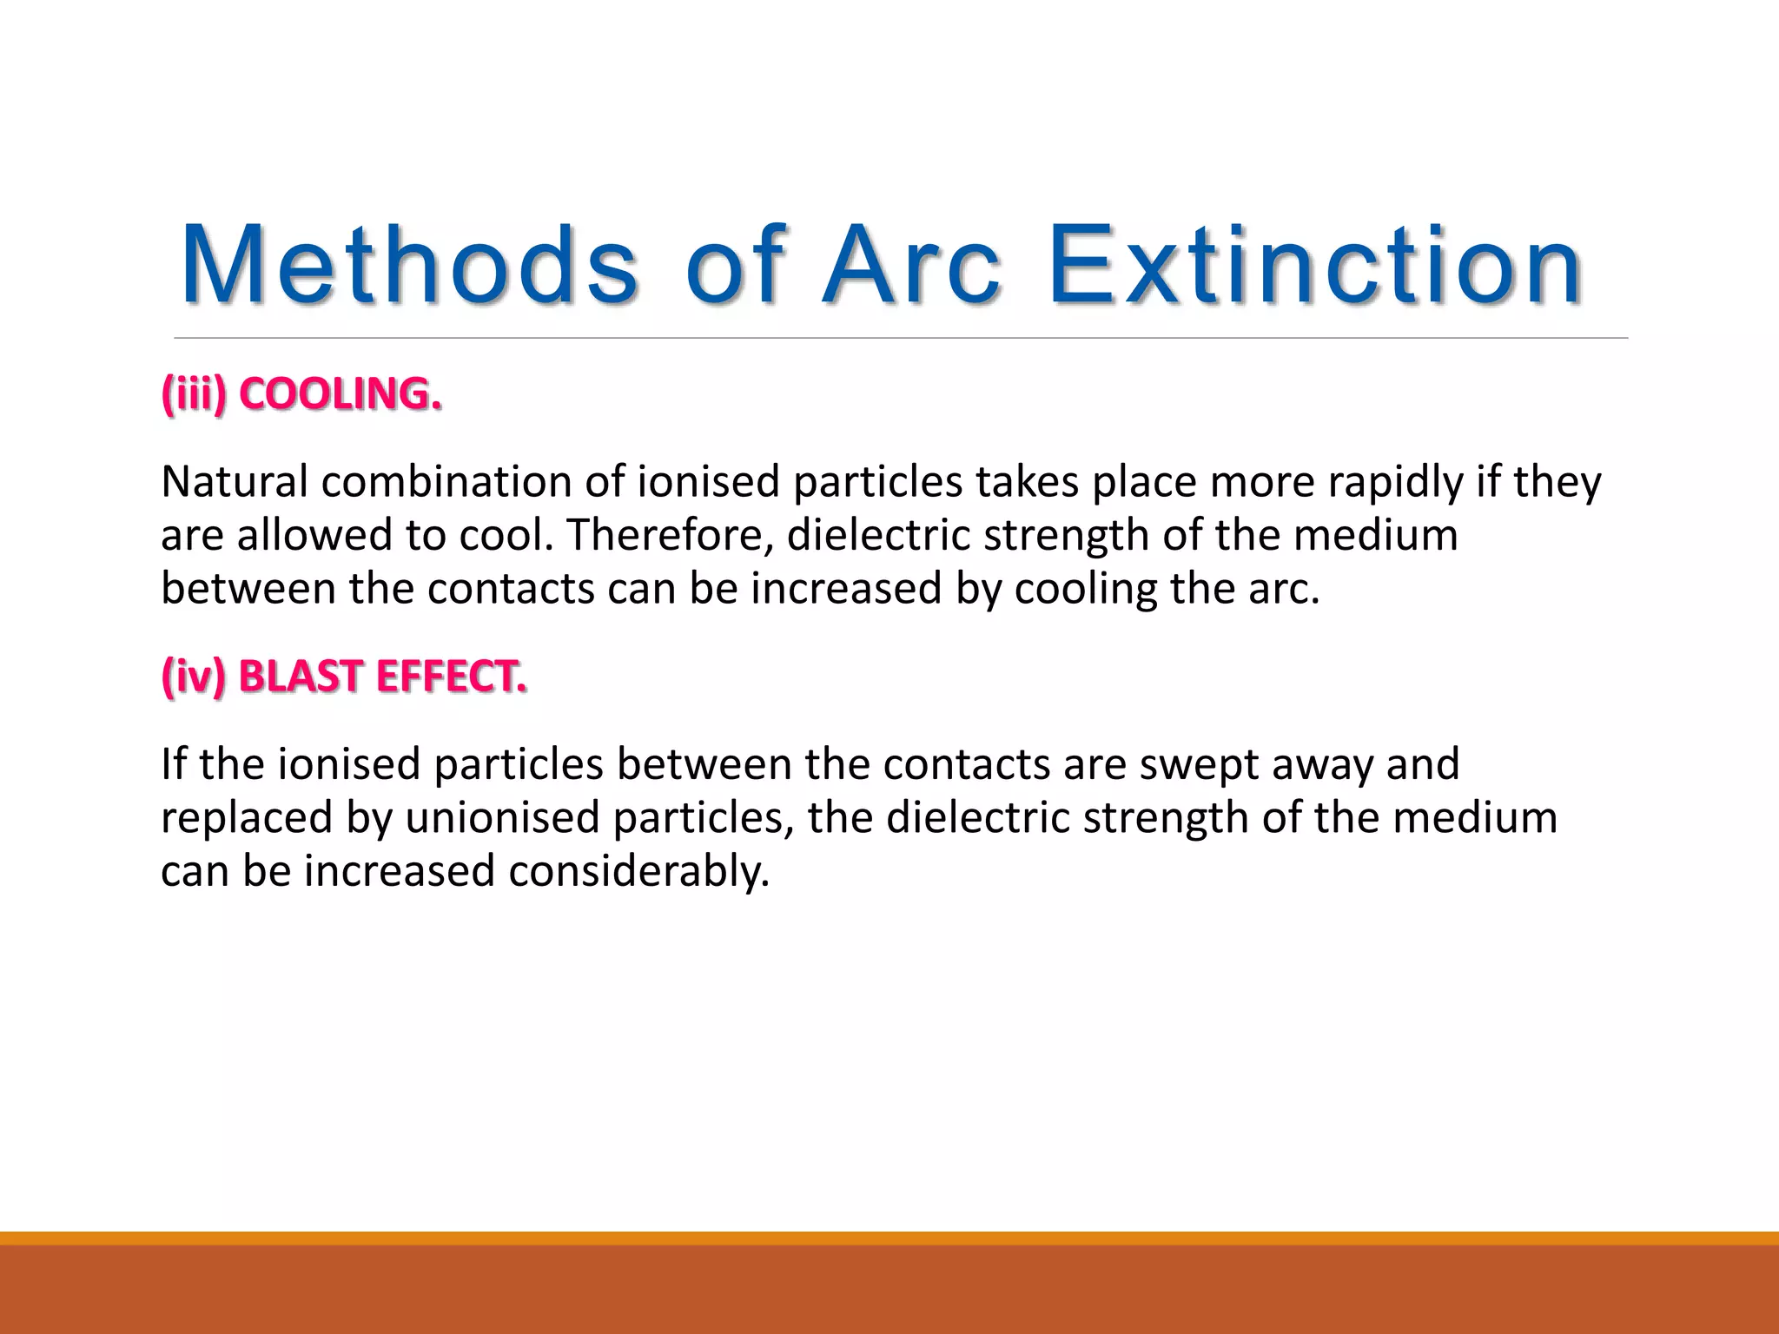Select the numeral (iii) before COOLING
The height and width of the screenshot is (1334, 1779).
(x=194, y=394)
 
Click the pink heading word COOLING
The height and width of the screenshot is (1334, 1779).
(x=340, y=394)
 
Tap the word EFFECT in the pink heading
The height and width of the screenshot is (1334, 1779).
(x=451, y=677)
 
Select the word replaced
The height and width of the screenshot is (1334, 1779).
(x=247, y=818)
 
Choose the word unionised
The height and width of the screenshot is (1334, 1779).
(x=502, y=818)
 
